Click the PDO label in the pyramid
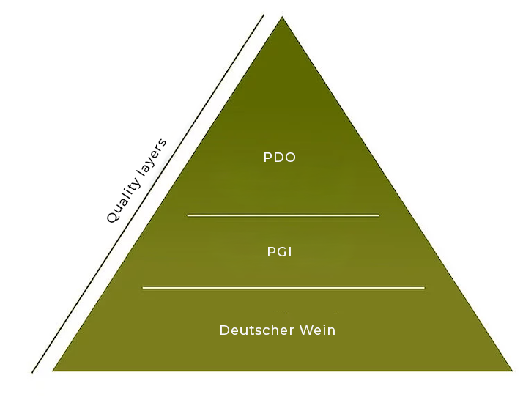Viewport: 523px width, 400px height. (x=280, y=158)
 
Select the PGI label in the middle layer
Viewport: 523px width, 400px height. (x=280, y=252)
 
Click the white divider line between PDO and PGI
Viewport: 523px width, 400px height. (x=283, y=215)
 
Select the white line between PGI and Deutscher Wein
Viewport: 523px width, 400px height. (x=283, y=288)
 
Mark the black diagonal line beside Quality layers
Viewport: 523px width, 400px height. (x=146, y=194)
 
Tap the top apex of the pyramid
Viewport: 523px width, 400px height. (x=282, y=18)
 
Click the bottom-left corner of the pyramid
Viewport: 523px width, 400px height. (x=53, y=371)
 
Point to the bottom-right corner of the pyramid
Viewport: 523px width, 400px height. (x=511, y=371)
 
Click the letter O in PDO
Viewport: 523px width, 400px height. (x=291, y=158)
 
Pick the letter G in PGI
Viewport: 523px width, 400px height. (x=281, y=252)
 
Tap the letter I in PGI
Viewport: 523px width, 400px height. (x=291, y=252)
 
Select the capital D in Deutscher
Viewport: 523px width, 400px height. (x=224, y=330)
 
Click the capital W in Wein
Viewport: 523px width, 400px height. (x=305, y=330)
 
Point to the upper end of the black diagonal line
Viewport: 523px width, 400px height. (x=262, y=15)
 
